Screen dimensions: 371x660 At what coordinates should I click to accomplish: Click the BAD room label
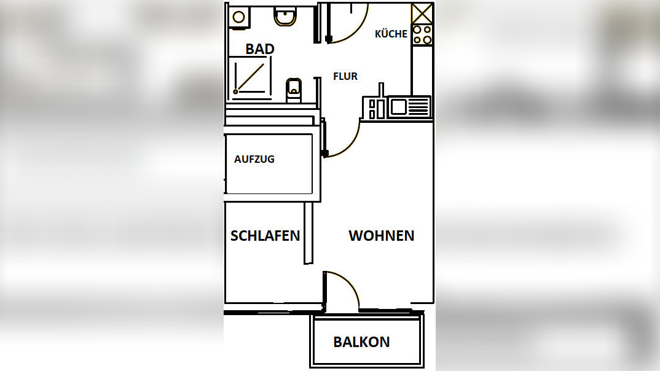click(x=259, y=49)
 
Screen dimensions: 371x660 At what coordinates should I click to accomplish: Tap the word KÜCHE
click(x=391, y=34)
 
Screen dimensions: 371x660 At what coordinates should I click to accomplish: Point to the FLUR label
click(x=345, y=76)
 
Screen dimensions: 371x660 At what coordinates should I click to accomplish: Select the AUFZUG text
click(x=254, y=159)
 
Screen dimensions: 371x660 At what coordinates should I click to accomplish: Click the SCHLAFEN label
click(x=265, y=235)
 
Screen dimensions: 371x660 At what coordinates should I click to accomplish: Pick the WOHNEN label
click(x=381, y=235)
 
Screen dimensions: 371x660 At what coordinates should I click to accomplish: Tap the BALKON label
click(x=361, y=342)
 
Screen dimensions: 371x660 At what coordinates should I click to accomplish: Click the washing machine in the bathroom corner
click(x=238, y=17)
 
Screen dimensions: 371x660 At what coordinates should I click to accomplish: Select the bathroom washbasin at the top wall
click(x=285, y=17)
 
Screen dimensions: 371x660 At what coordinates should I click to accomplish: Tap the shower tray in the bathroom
click(x=251, y=76)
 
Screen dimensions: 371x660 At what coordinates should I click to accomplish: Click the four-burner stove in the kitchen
click(x=422, y=35)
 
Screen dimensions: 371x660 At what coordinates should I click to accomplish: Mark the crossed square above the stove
click(x=422, y=13)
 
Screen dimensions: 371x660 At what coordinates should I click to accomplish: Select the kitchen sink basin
click(x=398, y=107)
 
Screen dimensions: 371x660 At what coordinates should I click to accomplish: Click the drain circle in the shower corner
click(x=235, y=92)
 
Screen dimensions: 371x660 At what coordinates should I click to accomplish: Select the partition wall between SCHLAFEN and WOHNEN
click(x=308, y=233)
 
